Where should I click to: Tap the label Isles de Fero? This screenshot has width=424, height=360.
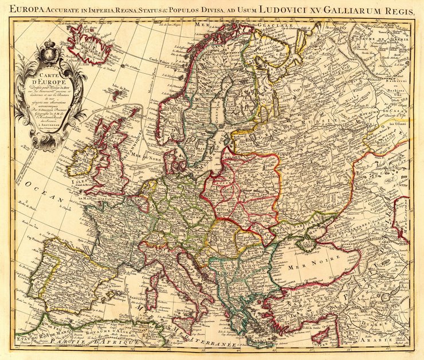[119, 88]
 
